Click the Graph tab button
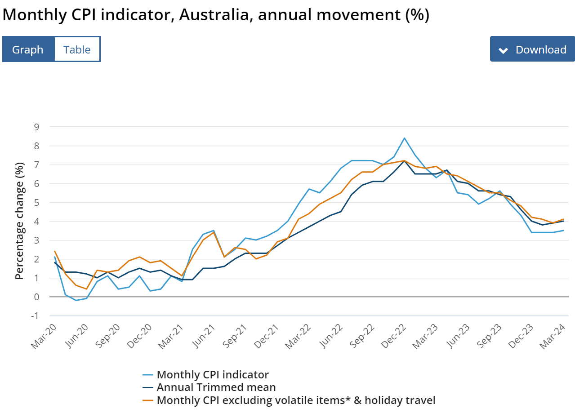(28, 49)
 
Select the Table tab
(77, 49)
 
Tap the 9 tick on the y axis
(36, 127)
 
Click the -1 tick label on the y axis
(35, 315)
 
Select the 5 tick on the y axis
(36, 202)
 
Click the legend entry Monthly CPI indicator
(213, 375)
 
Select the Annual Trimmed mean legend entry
(216, 387)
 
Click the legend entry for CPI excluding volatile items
(296, 400)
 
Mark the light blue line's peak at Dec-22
(405, 138)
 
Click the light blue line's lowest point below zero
(76, 300)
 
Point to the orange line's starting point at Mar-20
(54, 251)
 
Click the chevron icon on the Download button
(504, 50)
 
